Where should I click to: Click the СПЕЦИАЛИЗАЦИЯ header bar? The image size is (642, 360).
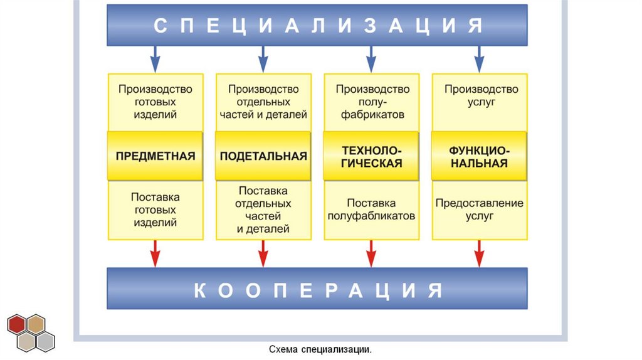point(317,25)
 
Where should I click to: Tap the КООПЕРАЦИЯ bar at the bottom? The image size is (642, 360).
point(317,289)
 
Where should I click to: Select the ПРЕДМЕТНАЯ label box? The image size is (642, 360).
point(155,156)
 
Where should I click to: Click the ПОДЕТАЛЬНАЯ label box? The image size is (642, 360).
point(263,156)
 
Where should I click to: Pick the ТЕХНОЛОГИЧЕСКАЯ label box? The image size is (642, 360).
point(371,156)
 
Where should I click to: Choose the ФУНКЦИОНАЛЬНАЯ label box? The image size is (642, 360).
point(479,156)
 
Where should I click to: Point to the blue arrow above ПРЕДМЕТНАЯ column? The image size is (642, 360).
point(155,60)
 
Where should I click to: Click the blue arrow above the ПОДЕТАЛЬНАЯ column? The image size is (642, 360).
point(263,60)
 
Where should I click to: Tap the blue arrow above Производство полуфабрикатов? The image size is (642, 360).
point(371,60)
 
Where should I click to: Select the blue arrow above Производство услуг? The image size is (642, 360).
point(479,60)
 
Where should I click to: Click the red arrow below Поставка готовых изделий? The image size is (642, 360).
point(155,254)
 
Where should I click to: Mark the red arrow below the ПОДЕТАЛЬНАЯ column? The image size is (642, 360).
point(263,254)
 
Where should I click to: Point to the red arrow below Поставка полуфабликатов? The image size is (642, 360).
point(371,254)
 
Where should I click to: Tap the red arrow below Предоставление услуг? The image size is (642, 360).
point(479,254)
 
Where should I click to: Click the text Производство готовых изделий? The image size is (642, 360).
point(155,102)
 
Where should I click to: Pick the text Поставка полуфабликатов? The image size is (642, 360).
point(371,209)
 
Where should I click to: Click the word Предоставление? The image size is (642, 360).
point(480,203)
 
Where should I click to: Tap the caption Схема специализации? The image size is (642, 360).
point(320,349)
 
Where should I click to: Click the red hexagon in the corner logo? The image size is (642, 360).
point(18,324)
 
